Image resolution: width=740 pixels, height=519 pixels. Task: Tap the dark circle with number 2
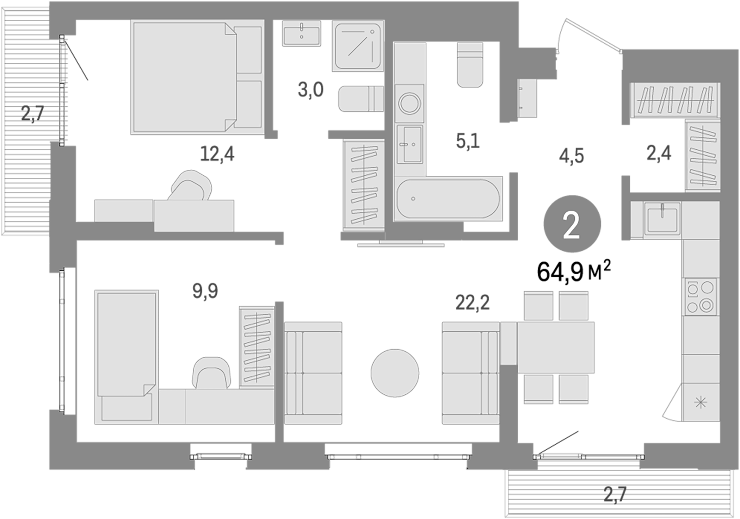(x=572, y=224)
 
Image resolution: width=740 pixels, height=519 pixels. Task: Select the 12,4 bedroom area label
(x=217, y=154)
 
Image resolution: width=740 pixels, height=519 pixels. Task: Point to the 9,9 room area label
(x=205, y=291)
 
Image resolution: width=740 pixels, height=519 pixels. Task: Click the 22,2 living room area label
(x=473, y=302)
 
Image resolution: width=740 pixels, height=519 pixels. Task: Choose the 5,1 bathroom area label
(x=468, y=142)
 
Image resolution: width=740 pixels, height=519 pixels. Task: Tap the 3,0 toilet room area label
(x=310, y=90)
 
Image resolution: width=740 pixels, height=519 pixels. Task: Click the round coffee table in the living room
(x=395, y=373)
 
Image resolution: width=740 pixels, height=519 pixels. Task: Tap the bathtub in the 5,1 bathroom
(x=448, y=199)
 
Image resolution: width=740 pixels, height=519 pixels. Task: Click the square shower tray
(x=358, y=46)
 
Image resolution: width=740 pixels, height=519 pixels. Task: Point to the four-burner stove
(x=701, y=297)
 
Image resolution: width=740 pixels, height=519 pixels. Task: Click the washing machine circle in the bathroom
(x=409, y=104)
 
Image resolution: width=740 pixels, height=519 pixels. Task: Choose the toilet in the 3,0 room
(x=360, y=99)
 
